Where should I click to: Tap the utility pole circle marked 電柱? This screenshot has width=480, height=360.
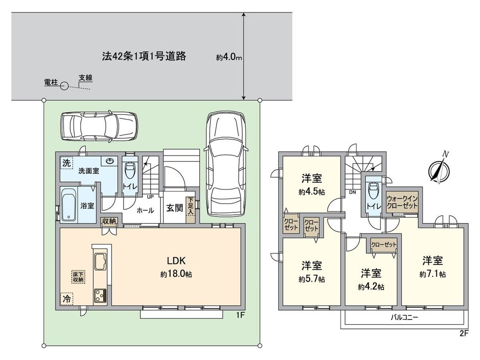(64, 86)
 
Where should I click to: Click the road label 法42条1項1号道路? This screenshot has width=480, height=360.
(144, 56)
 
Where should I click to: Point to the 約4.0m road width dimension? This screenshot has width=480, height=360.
(229, 57)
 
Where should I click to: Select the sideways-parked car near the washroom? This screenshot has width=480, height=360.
(100, 126)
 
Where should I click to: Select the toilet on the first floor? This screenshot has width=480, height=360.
(130, 170)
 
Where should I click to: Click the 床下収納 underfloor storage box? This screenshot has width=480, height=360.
(79, 276)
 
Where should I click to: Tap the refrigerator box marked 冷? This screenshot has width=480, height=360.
(66, 299)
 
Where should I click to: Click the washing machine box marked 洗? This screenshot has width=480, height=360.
(66, 163)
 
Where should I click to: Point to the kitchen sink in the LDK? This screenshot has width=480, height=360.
(99, 260)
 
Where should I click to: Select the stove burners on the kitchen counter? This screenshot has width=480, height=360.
(99, 295)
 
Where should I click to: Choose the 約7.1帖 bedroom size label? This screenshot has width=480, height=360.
(432, 274)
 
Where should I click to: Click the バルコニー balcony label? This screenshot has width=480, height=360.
(404, 317)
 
